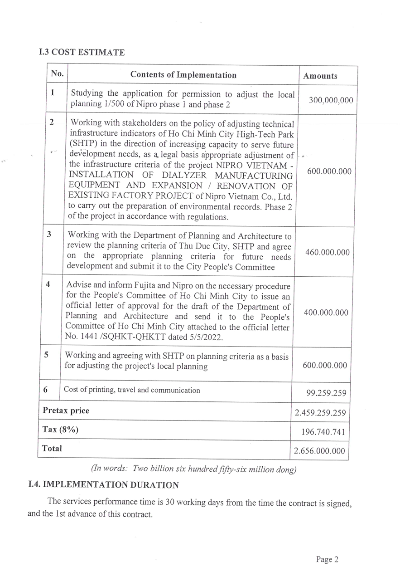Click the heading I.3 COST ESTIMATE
[82, 52]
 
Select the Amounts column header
[320, 76]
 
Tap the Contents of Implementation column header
[183, 75]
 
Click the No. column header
[57, 73]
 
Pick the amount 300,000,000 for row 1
[331, 101]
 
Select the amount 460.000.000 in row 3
[327, 253]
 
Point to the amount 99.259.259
[326, 393]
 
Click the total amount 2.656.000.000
[320, 451]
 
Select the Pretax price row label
[66, 411]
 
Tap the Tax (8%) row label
[60, 430]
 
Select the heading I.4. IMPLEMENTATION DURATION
[104, 485]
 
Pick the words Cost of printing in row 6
[86, 390]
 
